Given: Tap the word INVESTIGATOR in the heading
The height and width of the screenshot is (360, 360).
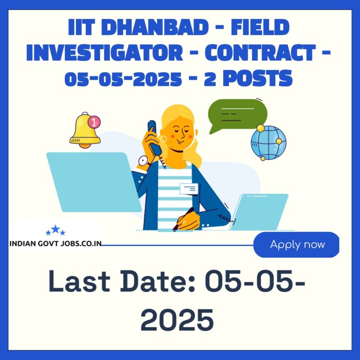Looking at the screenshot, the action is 105,52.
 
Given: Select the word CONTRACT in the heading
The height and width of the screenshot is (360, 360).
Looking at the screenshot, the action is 260,52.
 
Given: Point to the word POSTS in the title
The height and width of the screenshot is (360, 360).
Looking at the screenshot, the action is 258,78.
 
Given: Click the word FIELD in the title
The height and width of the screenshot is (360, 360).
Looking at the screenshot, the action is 260,27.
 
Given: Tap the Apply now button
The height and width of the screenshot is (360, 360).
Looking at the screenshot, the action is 296,245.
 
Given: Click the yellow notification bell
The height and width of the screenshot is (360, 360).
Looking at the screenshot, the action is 85,130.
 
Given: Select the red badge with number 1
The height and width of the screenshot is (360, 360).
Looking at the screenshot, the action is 94,122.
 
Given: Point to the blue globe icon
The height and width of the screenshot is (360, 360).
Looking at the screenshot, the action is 269,142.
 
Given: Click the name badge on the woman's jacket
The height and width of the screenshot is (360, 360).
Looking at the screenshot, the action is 189,189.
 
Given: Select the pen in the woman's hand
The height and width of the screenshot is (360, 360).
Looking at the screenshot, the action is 183,219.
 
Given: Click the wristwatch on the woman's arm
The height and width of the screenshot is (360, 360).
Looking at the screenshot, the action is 144,161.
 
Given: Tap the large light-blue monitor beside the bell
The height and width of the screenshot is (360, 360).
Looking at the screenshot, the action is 94,182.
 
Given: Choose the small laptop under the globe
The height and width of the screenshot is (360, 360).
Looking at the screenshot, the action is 259,212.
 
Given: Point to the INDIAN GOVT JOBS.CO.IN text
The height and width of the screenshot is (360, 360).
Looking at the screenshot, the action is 55,243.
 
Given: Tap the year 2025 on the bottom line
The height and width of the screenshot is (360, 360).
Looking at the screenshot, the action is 177,320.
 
